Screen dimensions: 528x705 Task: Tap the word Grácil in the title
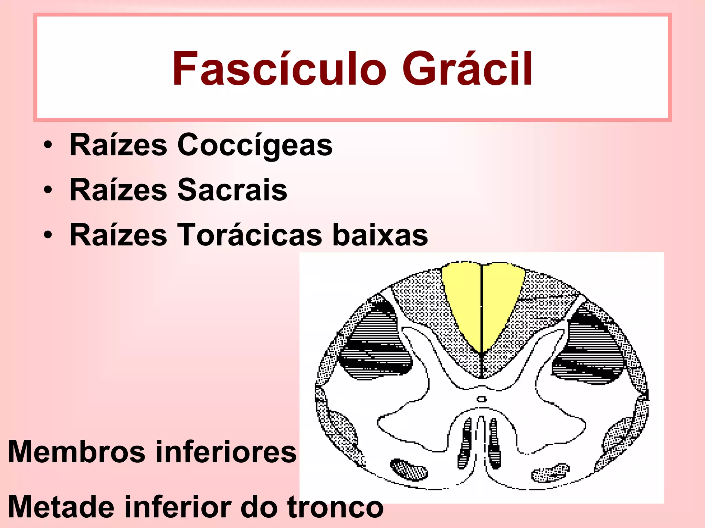pos(467,68)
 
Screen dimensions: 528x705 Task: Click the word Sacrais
pos(232,190)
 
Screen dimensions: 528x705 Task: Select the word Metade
pos(61,507)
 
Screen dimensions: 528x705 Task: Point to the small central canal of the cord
pos(482,399)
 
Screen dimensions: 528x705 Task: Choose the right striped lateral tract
pos(589,351)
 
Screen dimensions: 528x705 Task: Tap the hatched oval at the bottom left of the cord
pos(409,470)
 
